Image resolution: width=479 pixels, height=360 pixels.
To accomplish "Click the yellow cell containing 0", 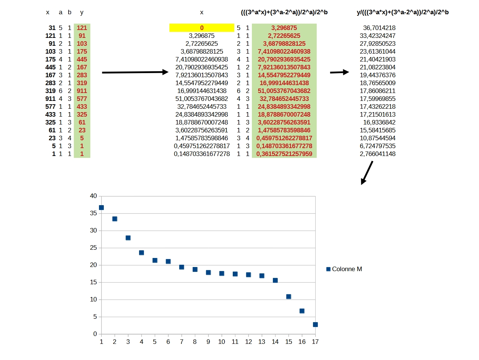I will (202, 28).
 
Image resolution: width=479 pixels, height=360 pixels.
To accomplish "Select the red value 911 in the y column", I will (82, 91).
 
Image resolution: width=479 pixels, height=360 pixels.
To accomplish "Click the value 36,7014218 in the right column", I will (379, 28).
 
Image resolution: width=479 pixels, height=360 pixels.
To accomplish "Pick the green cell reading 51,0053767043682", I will (284, 91).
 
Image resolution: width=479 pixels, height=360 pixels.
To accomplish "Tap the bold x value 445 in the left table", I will (50, 67).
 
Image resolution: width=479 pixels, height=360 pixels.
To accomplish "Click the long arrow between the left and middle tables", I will (135, 72).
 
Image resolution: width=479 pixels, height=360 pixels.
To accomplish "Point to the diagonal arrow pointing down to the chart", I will (367, 173).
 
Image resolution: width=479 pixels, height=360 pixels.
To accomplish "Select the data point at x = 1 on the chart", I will (101, 208).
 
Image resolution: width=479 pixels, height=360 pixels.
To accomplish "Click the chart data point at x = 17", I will (315, 325).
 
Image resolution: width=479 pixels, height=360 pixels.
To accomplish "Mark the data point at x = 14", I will (275, 280).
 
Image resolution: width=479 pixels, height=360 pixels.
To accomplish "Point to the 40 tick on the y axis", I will (93, 196).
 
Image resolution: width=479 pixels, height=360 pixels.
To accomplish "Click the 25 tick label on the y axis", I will (93, 247).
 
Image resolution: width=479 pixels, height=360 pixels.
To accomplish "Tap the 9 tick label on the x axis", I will (208, 342).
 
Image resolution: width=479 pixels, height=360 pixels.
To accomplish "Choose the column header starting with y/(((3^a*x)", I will (403, 12).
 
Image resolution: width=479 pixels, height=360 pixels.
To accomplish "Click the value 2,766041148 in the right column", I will (377, 154).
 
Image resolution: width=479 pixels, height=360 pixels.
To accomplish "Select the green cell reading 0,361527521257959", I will (284, 154).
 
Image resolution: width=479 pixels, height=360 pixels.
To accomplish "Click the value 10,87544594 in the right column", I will (377, 138).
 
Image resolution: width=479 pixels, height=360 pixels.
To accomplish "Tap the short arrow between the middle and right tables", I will (339, 72).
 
